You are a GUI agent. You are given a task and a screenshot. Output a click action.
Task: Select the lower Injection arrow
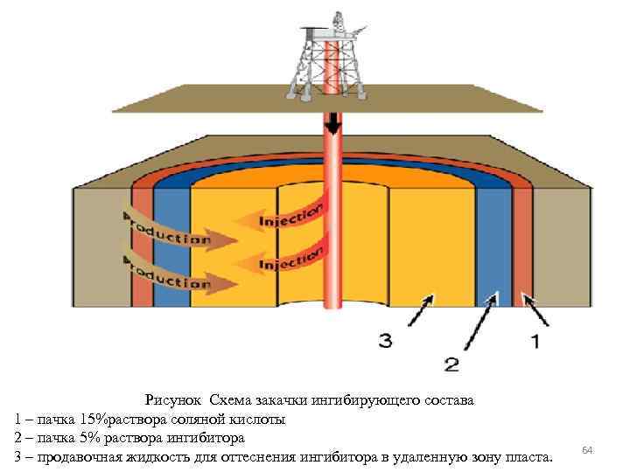(284, 259)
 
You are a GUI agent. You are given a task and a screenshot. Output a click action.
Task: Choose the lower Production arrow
(175, 274)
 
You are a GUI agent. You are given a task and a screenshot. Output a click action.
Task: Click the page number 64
(587, 449)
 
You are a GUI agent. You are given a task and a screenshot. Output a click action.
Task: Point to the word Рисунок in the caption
(176, 400)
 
